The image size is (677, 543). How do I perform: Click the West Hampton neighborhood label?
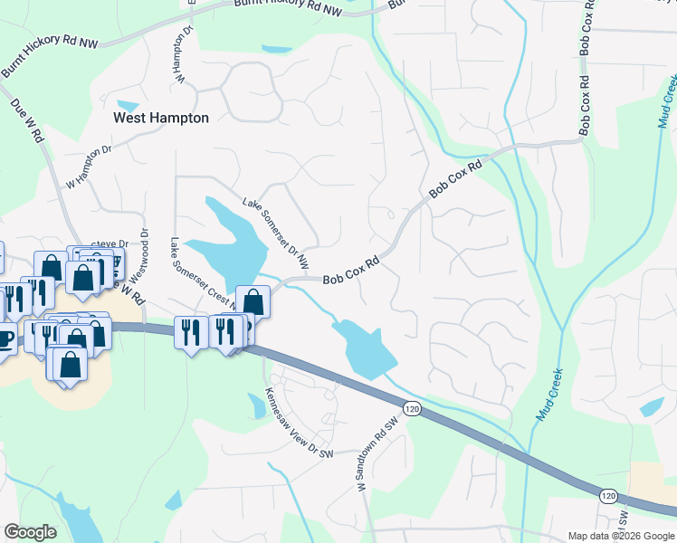pyautogui.click(x=160, y=118)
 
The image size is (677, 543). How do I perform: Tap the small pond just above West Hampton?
pyautogui.click(x=128, y=106)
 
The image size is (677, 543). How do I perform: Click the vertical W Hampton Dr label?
pyautogui.click(x=186, y=55)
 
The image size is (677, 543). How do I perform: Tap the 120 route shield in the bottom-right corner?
pyautogui.click(x=607, y=495)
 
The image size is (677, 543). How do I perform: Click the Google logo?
pyautogui.click(x=30, y=532)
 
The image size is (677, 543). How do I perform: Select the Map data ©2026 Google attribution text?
pyautogui.click(x=620, y=536)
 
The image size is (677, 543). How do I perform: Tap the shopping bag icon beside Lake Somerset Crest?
pyautogui.click(x=253, y=300)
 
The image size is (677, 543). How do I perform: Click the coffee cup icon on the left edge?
pyautogui.click(x=5, y=338)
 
